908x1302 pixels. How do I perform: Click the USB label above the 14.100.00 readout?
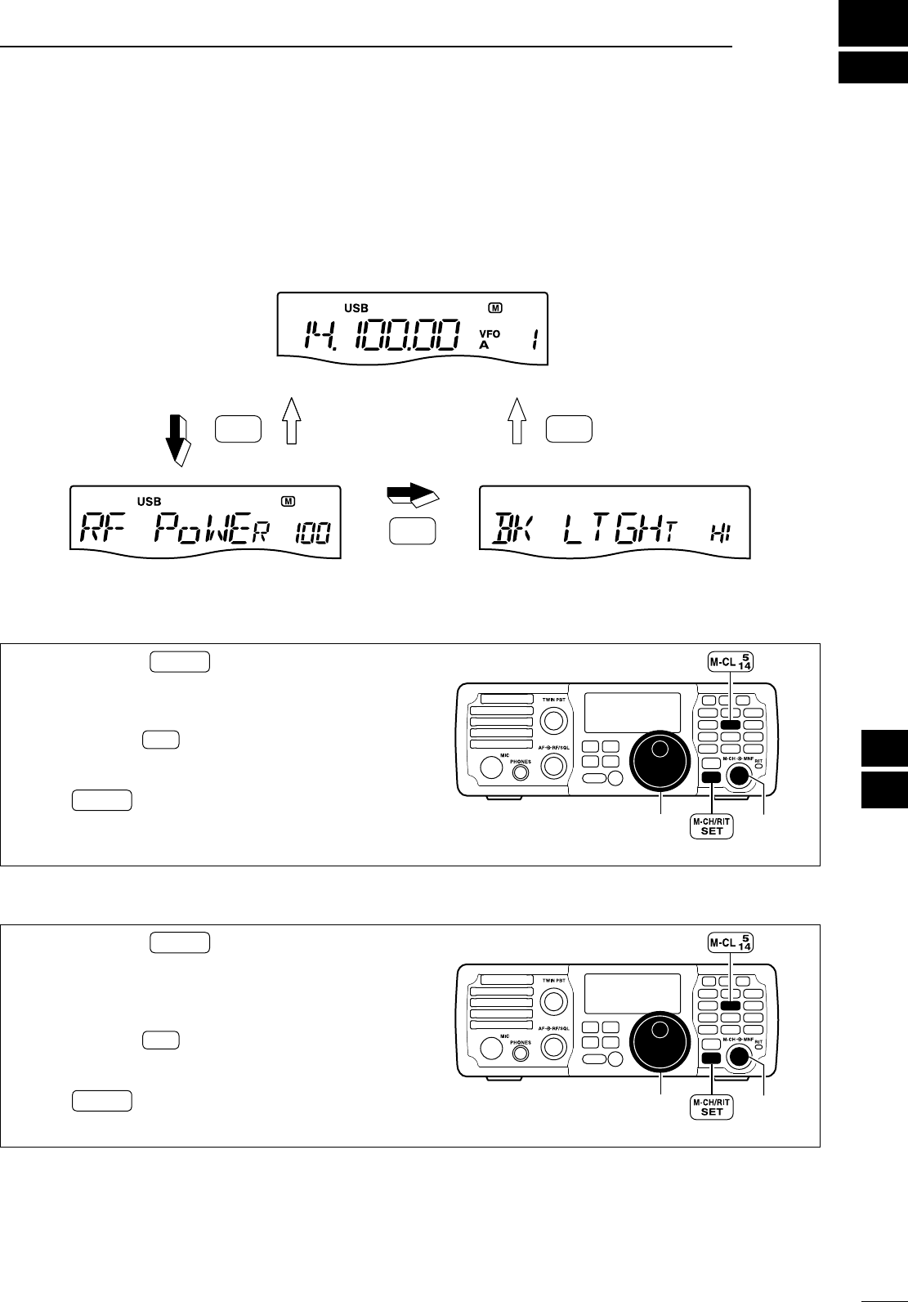(356, 308)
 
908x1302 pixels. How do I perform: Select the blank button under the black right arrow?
(413, 531)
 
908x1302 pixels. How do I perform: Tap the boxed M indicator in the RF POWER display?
(289, 501)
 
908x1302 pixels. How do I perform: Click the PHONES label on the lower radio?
(520, 1043)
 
